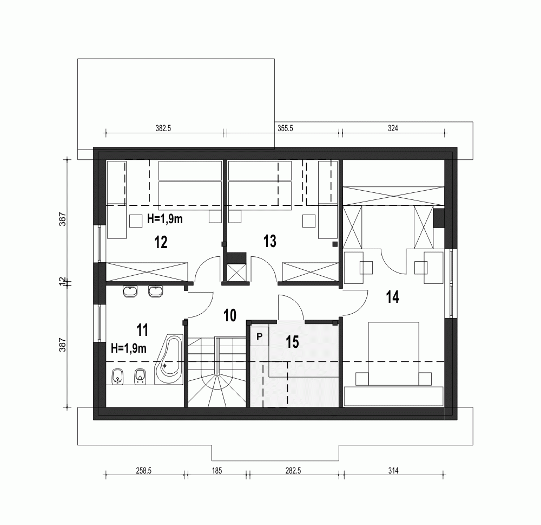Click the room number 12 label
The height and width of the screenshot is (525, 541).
pyautogui.click(x=160, y=242)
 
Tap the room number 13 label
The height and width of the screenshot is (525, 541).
pyautogui.click(x=269, y=241)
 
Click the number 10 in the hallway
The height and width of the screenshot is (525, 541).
pyautogui.click(x=230, y=315)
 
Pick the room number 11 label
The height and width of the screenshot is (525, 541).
pyautogui.click(x=142, y=329)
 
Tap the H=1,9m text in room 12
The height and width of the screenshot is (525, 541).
pyautogui.click(x=165, y=219)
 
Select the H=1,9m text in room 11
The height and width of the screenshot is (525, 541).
pyautogui.click(x=129, y=348)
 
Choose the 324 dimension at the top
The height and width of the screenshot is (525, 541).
pyautogui.click(x=392, y=128)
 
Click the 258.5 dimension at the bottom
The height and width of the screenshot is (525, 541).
pyautogui.click(x=143, y=471)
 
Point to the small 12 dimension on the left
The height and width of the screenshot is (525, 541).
pyautogui.click(x=63, y=282)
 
